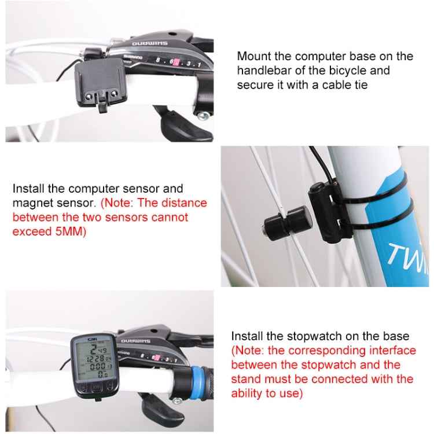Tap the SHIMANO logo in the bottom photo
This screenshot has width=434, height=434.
pos(135,350)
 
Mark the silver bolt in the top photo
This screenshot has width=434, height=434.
pos(203,116)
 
